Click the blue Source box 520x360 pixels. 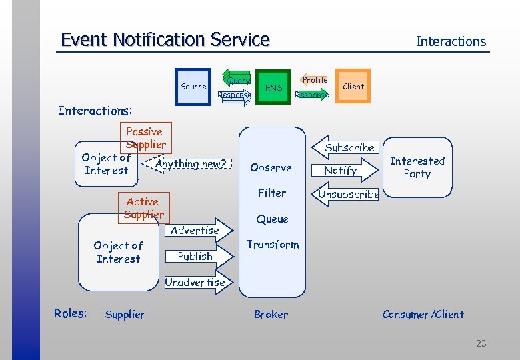click(x=193, y=87)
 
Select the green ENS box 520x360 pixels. click(x=273, y=87)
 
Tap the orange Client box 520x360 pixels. click(x=353, y=86)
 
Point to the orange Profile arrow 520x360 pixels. click(x=314, y=80)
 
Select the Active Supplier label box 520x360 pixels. click(x=143, y=207)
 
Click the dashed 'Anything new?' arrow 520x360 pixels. click(x=189, y=164)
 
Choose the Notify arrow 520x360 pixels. click(x=341, y=171)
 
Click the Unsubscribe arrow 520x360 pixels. click(x=347, y=195)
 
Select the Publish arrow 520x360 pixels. click(x=197, y=256)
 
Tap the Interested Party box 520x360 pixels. click(x=417, y=167)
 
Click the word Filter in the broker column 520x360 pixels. click(x=272, y=193)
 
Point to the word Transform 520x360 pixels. click(x=273, y=245)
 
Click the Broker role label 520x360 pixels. click(x=271, y=314)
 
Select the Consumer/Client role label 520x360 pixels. click(x=423, y=314)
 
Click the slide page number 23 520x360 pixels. click(x=481, y=343)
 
